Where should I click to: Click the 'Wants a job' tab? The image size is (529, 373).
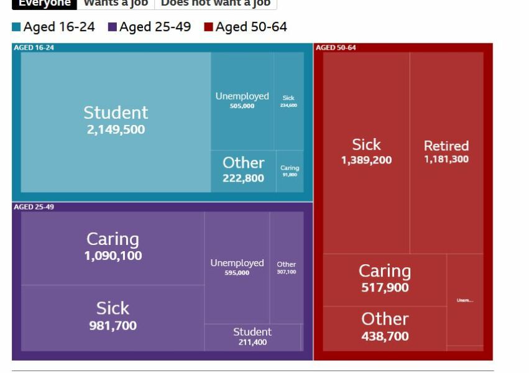[116, 3]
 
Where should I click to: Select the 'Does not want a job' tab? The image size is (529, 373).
[215, 3]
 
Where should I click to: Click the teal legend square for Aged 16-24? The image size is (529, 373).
[16, 27]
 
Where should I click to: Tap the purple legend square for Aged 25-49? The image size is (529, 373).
[113, 27]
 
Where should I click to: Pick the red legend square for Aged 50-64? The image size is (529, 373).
[209, 27]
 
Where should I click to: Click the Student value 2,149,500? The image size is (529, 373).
[116, 130]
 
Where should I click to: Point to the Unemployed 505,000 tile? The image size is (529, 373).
[242, 101]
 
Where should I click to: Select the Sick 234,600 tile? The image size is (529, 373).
[288, 101]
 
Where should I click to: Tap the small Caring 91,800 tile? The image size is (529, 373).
[290, 171]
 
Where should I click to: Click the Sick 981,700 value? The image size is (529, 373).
[113, 326]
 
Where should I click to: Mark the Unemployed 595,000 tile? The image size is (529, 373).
[237, 267]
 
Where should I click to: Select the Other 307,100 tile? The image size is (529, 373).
[287, 267]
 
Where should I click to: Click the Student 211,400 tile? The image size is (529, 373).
[252, 337]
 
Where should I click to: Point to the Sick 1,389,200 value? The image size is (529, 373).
[366, 160]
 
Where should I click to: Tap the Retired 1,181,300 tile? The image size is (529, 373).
[446, 152]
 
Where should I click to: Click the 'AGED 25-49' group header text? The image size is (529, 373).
[34, 207]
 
